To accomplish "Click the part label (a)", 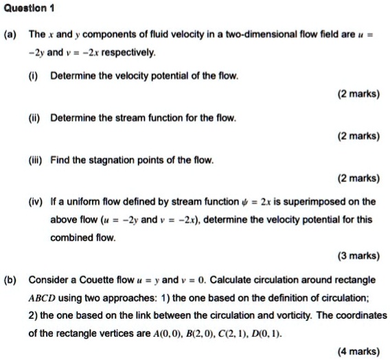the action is coord(11,34).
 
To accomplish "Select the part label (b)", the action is coord(11,280).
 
